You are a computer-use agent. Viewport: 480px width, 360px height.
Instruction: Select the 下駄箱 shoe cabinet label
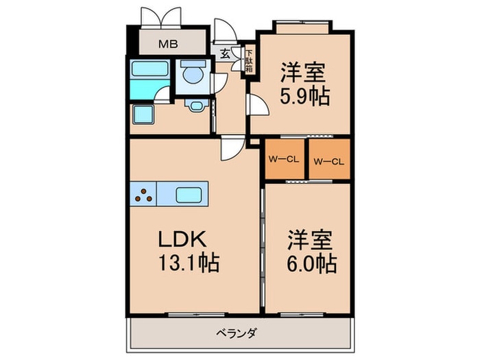[249, 60]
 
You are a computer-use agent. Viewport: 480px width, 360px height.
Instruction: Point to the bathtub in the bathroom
[149, 71]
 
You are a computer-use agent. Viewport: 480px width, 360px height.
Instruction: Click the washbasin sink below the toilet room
[195, 105]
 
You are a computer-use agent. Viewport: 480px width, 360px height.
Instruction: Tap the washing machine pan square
[143, 115]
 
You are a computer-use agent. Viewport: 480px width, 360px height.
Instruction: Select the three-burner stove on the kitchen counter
[143, 194]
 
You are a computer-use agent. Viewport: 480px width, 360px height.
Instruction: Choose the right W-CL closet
[328, 161]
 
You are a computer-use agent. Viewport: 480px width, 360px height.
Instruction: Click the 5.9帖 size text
[303, 95]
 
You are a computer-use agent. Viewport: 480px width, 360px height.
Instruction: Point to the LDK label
[180, 239]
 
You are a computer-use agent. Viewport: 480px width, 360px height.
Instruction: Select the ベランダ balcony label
[237, 334]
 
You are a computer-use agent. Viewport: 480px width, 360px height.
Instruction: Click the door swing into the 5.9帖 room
[256, 104]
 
